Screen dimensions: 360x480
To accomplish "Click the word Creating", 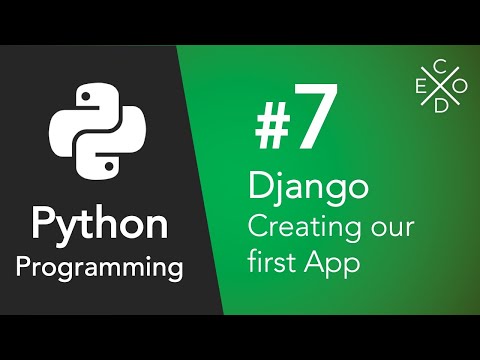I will pos(299,229).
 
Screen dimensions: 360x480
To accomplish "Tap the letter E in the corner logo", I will pos(419,87).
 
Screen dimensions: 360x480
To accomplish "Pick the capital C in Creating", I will pos(258,227).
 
